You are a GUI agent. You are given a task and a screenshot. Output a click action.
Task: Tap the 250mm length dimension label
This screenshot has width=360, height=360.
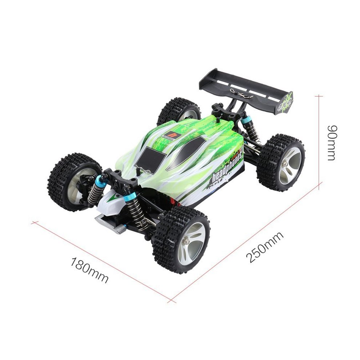pyautogui.click(x=265, y=247)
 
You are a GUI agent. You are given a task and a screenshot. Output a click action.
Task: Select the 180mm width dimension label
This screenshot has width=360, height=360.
pyautogui.click(x=89, y=270)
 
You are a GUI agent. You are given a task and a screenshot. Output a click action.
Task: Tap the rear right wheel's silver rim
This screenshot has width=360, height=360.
pyautogui.click(x=290, y=166)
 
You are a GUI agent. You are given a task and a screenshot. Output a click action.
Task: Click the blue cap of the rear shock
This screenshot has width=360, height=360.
pyautogui.click(x=247, y=120)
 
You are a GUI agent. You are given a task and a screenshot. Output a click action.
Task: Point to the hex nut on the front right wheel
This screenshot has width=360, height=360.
pyautogui.click(x=186, y=240)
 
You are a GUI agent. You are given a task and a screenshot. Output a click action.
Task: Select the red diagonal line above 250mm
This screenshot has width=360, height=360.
pyautogui.click(x=247, y=240)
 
